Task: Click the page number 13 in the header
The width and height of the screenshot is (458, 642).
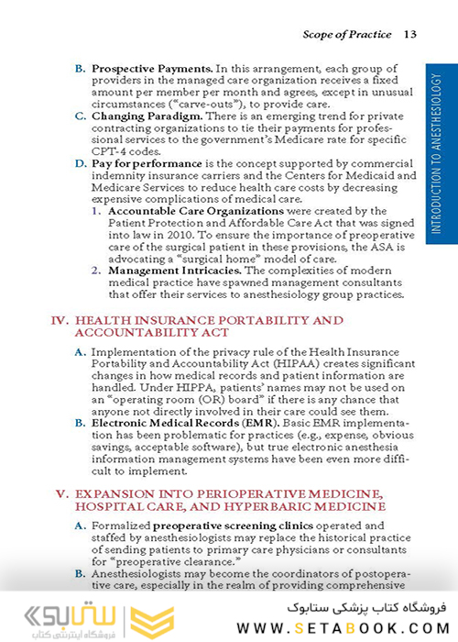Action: tap(409, 35)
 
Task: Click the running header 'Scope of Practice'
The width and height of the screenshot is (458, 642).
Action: tap(345, 35)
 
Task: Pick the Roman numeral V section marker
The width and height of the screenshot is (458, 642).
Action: tap(62, 493)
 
